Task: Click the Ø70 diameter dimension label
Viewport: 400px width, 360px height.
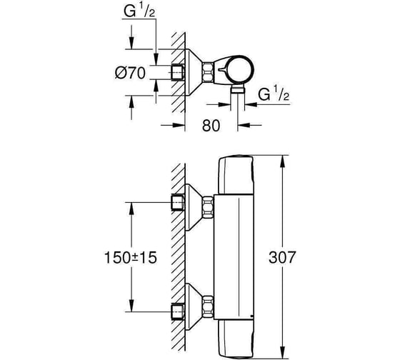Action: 130,73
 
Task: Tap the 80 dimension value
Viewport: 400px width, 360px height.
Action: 211,126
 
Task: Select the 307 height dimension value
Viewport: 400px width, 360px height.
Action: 281,257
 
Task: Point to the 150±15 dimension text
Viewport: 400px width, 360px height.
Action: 130,257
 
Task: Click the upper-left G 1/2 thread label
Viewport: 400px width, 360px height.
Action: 139,11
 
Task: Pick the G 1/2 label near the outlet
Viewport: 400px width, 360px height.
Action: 274,94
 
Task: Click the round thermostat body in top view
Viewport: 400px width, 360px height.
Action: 239,69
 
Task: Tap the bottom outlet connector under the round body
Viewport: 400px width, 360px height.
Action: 237,89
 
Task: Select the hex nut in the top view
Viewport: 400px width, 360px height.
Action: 207,72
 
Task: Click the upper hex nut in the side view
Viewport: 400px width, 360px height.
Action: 208,207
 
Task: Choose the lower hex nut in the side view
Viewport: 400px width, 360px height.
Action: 208,307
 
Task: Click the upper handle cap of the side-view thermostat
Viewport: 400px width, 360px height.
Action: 236,175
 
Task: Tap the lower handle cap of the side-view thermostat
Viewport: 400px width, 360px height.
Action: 236,339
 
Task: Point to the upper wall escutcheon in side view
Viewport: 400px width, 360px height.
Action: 194,207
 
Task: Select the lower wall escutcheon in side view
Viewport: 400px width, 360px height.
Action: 194,307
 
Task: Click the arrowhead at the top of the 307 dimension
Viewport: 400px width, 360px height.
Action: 282,161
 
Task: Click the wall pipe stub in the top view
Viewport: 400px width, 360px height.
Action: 177,73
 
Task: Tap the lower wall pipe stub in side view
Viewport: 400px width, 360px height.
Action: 177,311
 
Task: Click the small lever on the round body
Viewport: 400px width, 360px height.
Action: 222,69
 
